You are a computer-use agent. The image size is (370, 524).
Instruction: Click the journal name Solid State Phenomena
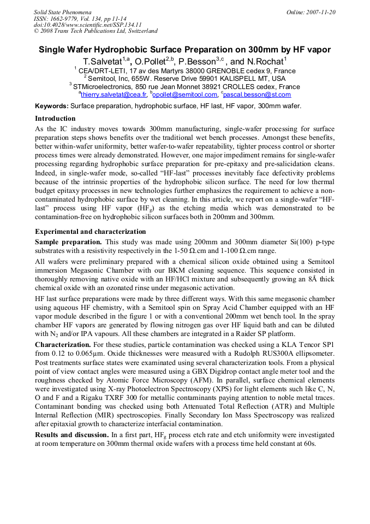click(62, 12)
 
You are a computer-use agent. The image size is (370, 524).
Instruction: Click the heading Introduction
click(55, 119)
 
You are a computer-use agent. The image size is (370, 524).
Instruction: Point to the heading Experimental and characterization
click(91, 232)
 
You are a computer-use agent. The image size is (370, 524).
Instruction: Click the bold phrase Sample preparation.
click(68, 242)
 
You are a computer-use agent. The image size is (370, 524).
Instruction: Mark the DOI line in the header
click(88, 25)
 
